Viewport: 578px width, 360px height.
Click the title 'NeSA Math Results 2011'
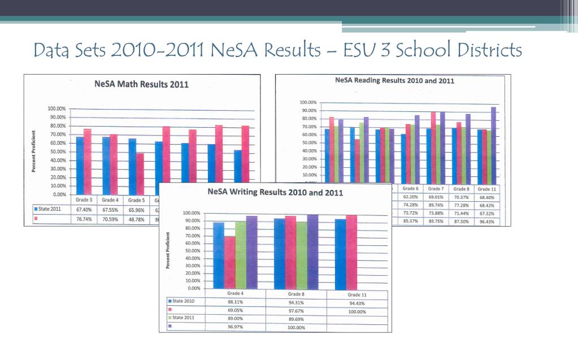tap(141, 85)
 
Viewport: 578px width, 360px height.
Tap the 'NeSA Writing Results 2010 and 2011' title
tap(275, 192)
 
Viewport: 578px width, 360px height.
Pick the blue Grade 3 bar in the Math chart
tap(80, 164)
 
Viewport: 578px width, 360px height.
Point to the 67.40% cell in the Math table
tap(82, 209)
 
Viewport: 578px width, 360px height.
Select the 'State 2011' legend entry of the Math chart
tap(49, 209)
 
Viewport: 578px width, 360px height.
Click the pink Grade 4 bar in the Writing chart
tap(229, 262)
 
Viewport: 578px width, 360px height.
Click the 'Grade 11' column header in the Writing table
tap(357, 295)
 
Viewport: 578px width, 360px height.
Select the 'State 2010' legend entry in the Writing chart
tap(182, 302)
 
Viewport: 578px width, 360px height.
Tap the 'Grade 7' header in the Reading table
tap(435, 188)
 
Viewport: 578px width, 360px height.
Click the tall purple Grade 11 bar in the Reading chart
tap(493, 141)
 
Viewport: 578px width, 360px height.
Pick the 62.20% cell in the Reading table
tap(411, 197)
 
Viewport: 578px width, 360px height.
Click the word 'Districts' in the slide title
tap(491, 50)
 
